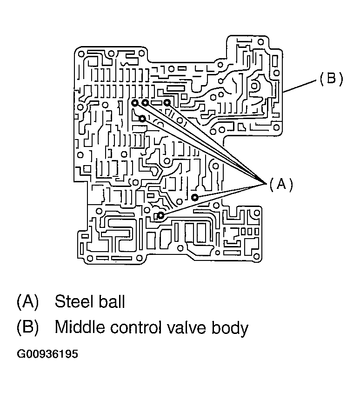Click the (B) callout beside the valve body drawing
click(331, 79)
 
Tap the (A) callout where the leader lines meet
click(281, 185)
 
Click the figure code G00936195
click(47, 354)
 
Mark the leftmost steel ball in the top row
click(134, 103)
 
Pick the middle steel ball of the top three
click(145, 103)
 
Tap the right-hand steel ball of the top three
click(167, 103)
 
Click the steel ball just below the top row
click(142, 119)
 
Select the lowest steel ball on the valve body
click(160, 215)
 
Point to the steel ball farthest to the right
click(195, 198)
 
